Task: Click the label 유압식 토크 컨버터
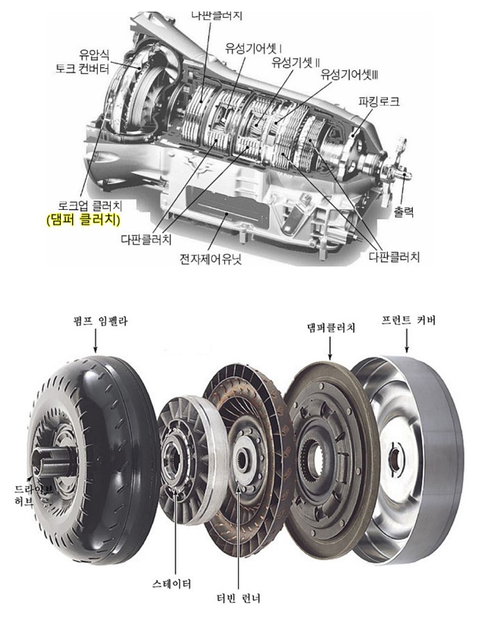click(x=83, y=61)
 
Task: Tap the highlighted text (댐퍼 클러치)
click(x=84, y=220)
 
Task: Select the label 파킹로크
click(x=379, y=101)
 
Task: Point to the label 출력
click(x=404, y=211)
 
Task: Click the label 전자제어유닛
click(x=210, y=259)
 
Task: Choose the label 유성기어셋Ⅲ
click(x=349, y=74)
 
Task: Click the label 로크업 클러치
click(x=90, y=206)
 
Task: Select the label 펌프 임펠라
click(x=96, y=321)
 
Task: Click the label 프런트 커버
click(x=408, y=321)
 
